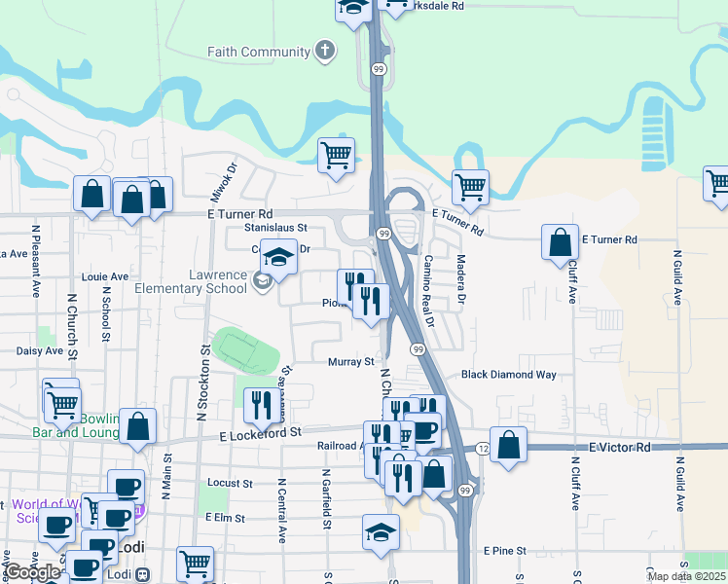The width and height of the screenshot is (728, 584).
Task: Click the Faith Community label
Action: (x=257, y=51)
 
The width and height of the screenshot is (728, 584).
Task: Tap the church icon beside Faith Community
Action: (x=324, y=51)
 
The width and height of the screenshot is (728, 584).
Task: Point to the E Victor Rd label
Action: (x=619, y=447)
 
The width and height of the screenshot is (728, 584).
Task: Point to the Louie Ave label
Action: (x=105, y=276)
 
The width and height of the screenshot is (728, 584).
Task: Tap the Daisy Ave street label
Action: (x=39, y=350)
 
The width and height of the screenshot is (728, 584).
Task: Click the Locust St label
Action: (x=230, y=483)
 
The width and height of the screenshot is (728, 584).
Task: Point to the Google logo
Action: (x=33, y=572)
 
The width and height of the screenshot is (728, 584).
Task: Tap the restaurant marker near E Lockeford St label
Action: (x=261, y=404)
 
